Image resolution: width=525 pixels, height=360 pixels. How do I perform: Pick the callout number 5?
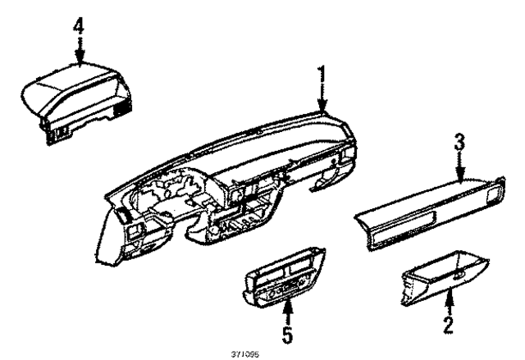[287, 334]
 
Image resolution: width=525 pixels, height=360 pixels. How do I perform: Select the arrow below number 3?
[461, 167]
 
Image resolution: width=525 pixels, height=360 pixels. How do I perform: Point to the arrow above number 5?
[287, 311]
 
